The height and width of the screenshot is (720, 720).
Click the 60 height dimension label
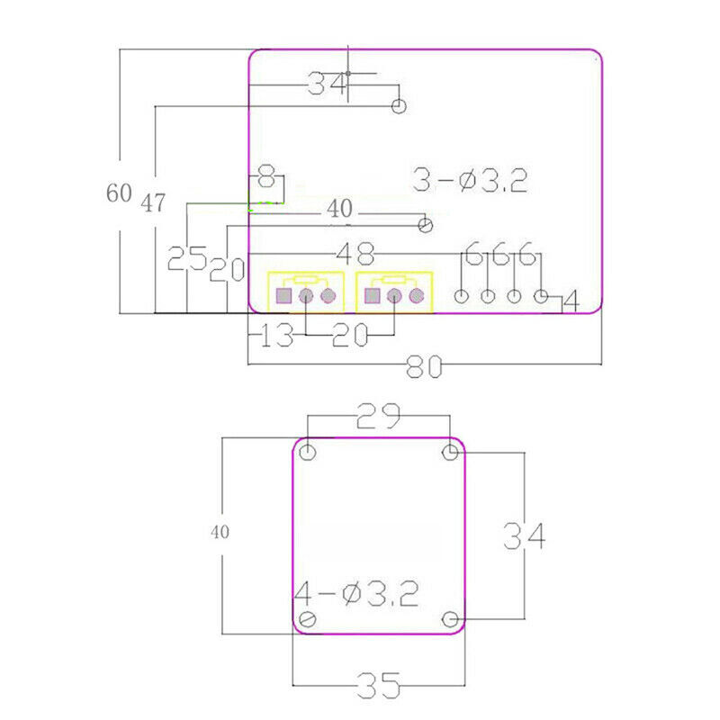pyautogui.click(x=119, y=193)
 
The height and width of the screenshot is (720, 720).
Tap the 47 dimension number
pyautogui.click(x=153, y=203)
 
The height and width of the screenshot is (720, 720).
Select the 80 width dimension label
pyautogui.click(x=424, y=367)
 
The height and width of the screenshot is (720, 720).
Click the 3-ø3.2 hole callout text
pyautogui.click(x=470, y=180)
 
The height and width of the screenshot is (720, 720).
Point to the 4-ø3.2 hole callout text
pyautogui.click(x=356, y=593)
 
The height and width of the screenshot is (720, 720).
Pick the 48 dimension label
pyautogui.click(x=355, y=254)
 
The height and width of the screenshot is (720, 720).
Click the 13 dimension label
pyautogui.click(x=276, y=335)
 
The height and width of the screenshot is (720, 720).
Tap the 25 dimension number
pyautogui.click(x=187, y=258)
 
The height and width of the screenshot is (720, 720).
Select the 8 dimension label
pyautogui.click(x=266, y=176)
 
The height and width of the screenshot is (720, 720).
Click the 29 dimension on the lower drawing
pyautogui.click(x=378, y=416)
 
